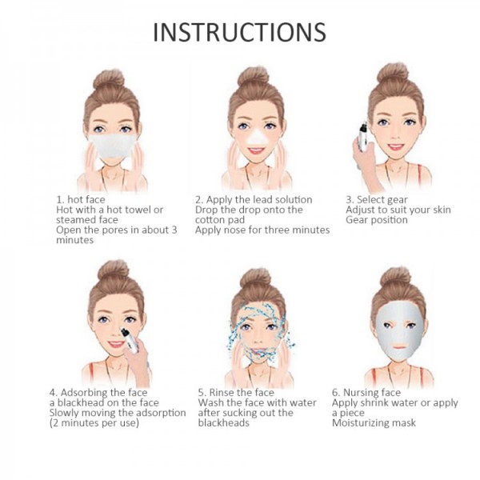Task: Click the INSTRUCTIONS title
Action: click(x=239, y=31)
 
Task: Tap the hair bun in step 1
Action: click(x=107, y=79)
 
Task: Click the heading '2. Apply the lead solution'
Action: click(x=254, y=199)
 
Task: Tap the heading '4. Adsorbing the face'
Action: click(x=98, y=393)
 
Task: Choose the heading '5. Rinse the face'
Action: click(x=236, y=393)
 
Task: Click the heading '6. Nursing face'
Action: click(x=366, y=393)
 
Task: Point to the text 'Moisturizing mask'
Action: click(x=374, y=423)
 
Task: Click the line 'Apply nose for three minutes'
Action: click(x=262, y=230)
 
